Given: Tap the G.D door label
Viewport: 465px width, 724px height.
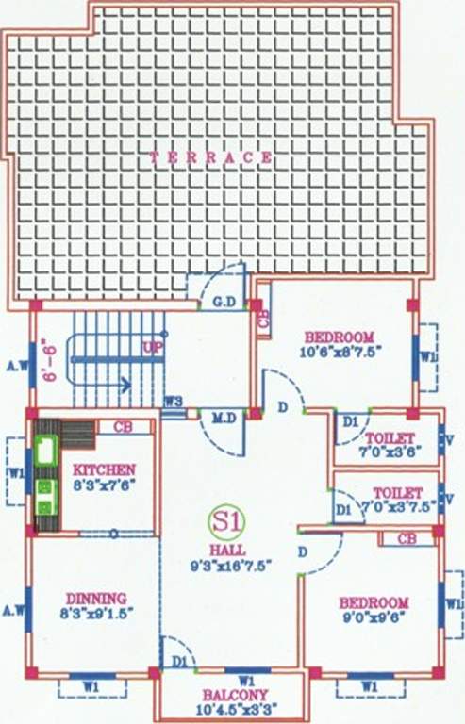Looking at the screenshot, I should [x=224, y=304].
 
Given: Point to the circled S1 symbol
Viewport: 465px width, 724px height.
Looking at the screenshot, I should [x=224, y=519].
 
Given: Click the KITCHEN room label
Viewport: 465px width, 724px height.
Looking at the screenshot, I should [x=105, y=469].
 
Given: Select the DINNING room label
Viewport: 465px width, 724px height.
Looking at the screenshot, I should [x=96, y=598].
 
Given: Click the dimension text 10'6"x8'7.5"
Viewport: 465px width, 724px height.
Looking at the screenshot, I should [x=338, y=353].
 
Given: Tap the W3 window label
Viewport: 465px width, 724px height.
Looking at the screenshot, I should [x=172, y=402].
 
